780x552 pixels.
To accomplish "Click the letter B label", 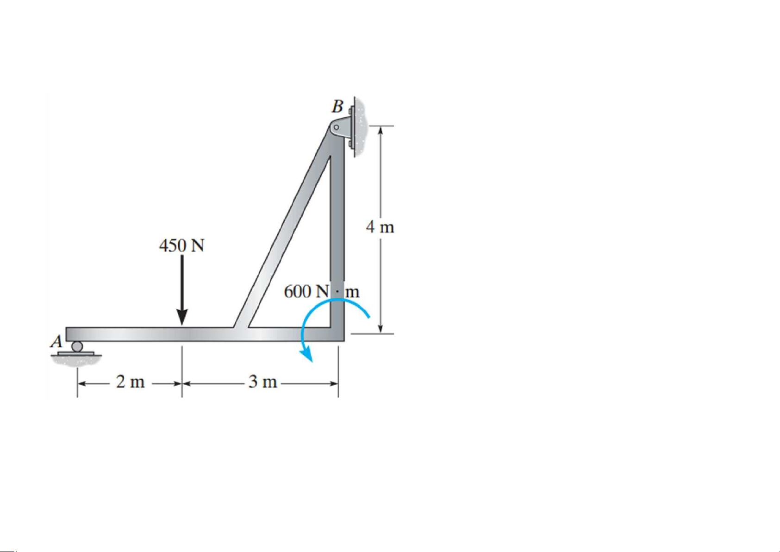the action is point(337,107).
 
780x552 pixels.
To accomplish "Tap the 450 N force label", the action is point(182,245).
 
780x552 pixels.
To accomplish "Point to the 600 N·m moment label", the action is point(322,291).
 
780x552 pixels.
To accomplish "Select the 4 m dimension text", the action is point(380,227).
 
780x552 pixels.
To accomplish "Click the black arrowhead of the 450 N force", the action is point(182,317).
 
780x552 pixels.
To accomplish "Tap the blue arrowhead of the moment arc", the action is point(307,355).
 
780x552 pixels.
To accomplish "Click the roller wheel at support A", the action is point(77,346).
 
